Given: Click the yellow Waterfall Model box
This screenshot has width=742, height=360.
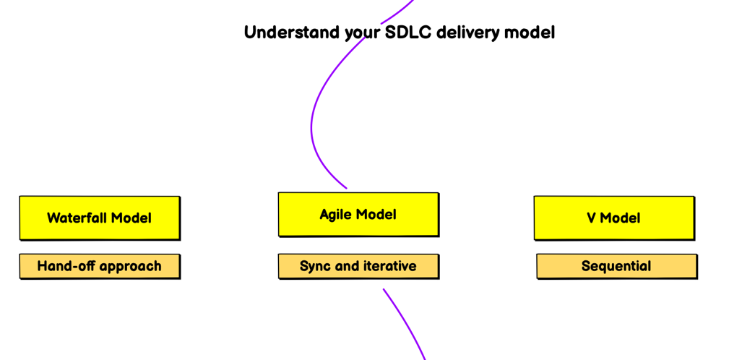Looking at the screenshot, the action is click(100, 218).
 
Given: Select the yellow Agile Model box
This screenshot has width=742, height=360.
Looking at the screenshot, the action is click(358, 215).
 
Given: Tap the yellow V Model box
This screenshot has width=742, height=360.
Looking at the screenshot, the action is click(614, 218).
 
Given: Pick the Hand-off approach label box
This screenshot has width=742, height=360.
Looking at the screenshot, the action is click(100, 266).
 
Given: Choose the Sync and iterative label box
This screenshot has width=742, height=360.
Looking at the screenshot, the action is click(358, 266).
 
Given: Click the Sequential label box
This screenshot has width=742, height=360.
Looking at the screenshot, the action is click(617, 266).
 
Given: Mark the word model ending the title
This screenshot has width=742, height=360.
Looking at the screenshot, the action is click(530, 33).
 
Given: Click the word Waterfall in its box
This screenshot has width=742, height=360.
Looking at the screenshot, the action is click(77, 218).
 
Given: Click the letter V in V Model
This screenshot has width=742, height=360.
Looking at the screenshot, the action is click(592, 218).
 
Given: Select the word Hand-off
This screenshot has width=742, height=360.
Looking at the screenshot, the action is click(61, 266).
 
